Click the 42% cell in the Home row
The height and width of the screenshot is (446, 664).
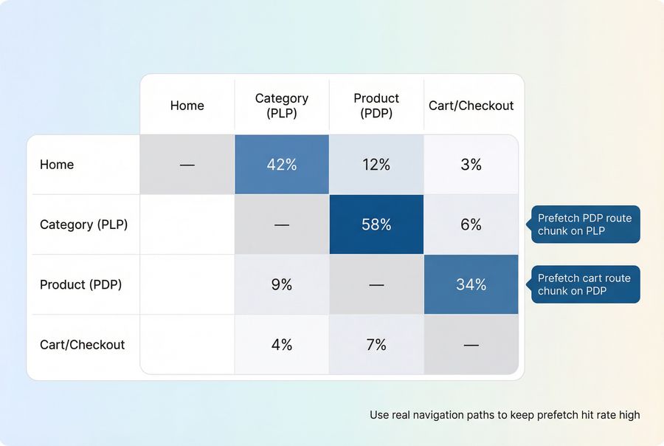(x=282, y=165)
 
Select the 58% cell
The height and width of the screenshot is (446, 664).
(x=376, y=224)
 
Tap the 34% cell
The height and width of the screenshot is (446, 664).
(x=471, y=284)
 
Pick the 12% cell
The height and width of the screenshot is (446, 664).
(x=376, y=165)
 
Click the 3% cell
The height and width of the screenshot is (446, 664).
(x=471, y=165)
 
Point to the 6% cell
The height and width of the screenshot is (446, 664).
(x=471, y=224)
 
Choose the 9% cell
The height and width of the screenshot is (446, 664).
(x=282, y=284)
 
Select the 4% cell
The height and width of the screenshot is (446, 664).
(x=282, y=344)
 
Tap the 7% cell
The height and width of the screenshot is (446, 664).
(x=376, y=344)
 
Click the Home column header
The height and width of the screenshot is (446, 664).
(x=187, y=106)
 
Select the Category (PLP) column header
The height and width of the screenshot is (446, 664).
(x=282, y=106)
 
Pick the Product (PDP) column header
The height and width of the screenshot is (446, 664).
(x=376, y=106)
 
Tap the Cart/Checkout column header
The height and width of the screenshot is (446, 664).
(x=471, y=106)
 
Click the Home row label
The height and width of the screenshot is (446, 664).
(x=57, y=165)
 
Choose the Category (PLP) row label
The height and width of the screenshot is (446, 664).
(x=83, y=224)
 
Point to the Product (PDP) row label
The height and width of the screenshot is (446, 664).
(x=80, y=284)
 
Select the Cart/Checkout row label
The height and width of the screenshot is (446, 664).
(x=82, y=344)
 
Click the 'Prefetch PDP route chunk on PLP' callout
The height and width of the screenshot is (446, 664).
(x=584, y=224)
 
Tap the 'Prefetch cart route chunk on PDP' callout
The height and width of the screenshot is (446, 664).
(x=584, y=284)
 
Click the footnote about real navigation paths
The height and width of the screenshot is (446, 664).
(x=505, y=415)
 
